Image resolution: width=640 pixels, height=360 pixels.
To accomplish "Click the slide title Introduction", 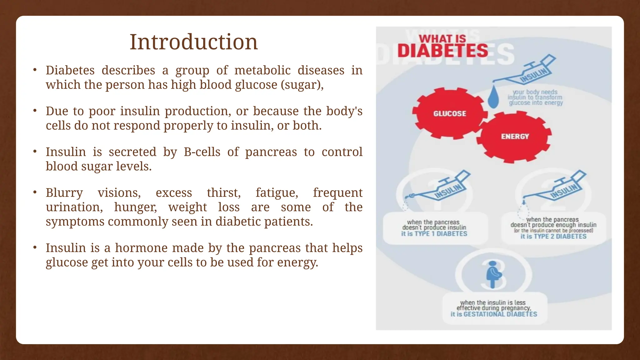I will pos(193,42).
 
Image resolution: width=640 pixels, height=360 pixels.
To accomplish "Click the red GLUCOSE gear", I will pos(449,113).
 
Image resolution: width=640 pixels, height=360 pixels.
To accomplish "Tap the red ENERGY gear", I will pos(515,137).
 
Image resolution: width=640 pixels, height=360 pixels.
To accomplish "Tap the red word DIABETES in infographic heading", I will pos(442,51).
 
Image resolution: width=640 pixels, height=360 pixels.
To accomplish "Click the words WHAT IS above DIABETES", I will pos(442,39).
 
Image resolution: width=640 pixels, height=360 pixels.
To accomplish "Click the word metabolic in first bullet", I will pos(262,70).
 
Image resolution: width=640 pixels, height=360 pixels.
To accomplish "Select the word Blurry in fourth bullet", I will pos(64,193).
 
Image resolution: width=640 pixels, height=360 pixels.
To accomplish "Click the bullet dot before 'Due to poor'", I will pos(35,111).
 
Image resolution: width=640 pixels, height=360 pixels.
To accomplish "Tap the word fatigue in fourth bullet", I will pos(277,193).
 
